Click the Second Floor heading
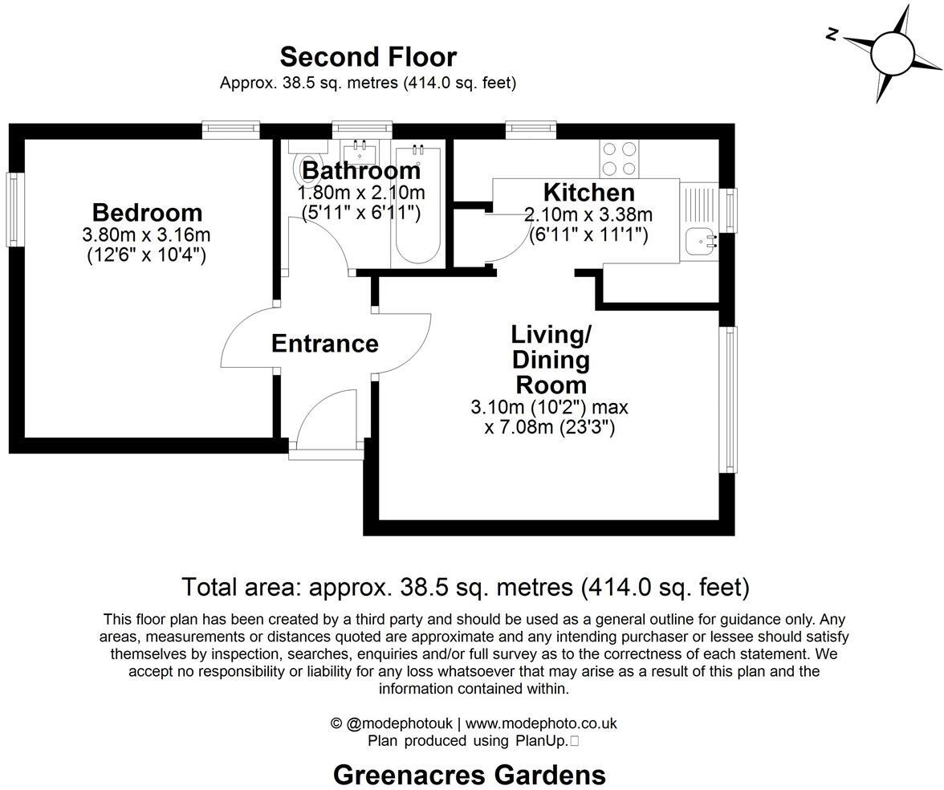[x=368, y=57]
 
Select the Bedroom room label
[x=147, y=213]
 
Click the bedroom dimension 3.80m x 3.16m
[x=146, y=235]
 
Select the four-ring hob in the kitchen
[x=619, y=158]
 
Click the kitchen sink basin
[x=701, y=240]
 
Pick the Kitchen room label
[x=588, y=193]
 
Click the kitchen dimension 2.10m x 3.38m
[x=588, y=215]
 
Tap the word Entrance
[x=324, y=344]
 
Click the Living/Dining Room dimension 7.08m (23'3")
[x=550, y=428]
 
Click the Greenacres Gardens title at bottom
[x=469, y=775]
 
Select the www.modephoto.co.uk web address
[x=541, y=723]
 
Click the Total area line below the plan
[x=465, y=587]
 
